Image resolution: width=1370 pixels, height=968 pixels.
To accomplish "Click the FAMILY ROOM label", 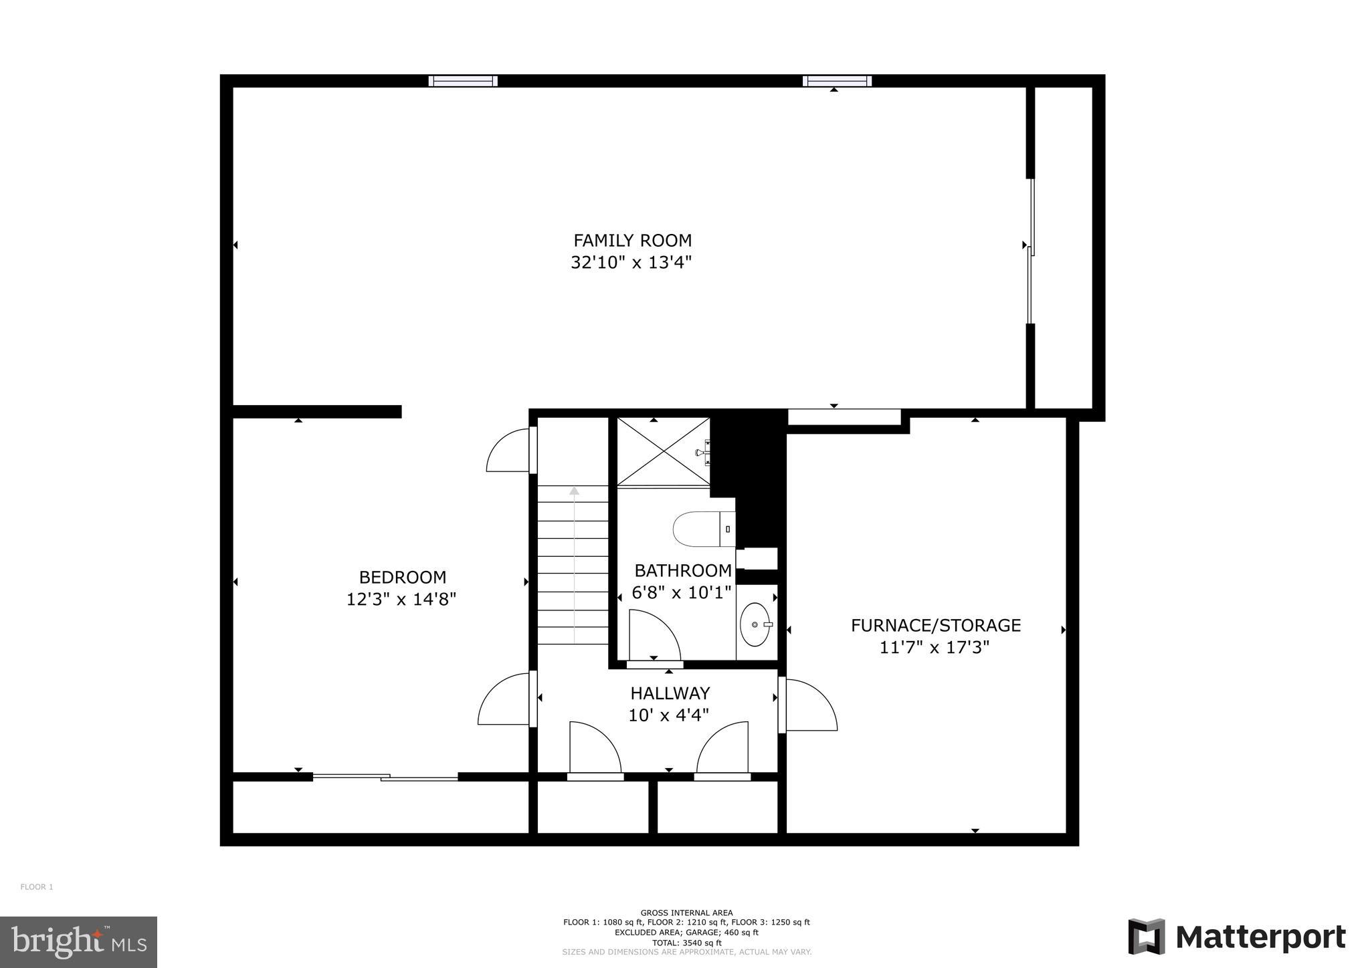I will [x=632, y=240].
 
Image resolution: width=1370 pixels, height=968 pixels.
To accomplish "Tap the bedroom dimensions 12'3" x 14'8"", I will [x=401, y=599].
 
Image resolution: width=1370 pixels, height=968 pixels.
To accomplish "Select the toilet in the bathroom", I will [x=702, y=529].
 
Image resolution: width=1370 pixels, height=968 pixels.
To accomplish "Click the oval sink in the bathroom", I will [x=755, y=624].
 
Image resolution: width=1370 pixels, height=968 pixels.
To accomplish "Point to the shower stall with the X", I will [x=663, y=451].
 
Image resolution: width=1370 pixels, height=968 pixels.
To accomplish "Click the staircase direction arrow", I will [x=574, y=491].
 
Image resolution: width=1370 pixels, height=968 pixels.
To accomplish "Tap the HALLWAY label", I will [x=670, y=693].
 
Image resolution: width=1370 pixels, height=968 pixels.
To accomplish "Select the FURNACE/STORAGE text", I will [x=935, y=625].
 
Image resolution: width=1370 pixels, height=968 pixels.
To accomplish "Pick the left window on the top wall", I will [x=463, y=81].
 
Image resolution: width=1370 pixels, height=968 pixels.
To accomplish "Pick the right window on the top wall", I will [x=837, y=81].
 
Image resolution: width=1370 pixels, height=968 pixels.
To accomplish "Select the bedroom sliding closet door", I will [x=385, y=777].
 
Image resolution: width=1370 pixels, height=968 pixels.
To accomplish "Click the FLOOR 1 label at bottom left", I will [x=36, y=887].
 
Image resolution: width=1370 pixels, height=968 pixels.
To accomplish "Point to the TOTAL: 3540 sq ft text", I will [x=686, y=943].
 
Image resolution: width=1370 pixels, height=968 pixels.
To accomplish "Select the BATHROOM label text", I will [x=683, y=570].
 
